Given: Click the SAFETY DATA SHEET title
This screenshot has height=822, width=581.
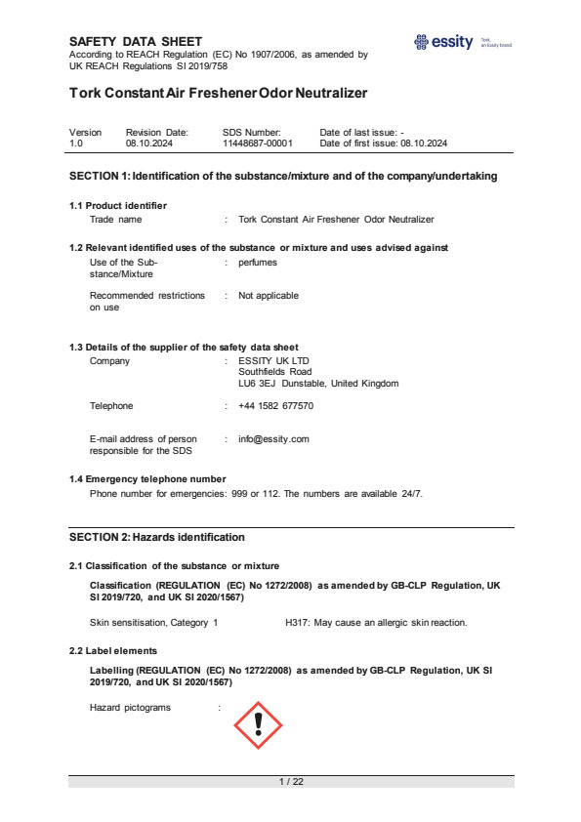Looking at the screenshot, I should tap(136, 41).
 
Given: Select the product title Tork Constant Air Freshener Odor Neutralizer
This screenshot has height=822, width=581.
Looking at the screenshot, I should tap(218, 94).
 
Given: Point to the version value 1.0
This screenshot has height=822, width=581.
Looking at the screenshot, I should tap(76, 143).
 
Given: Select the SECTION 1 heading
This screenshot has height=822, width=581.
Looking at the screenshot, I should tap(283, 176).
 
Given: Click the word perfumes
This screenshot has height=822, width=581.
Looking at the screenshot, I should tap(258, 263).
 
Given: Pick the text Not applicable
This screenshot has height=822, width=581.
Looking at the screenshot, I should tap(269, 295).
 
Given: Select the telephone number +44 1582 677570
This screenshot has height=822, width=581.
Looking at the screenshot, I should tap(275, 405).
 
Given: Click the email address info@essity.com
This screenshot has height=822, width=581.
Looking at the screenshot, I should tap(273, 438).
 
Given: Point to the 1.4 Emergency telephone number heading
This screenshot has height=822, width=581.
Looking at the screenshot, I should tap(147, 478).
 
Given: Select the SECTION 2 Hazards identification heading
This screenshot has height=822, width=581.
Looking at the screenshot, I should tap(156, 537).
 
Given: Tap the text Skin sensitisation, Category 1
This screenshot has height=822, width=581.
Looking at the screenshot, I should tap(153, 622).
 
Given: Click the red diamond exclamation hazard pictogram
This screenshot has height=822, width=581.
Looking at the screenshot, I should tap(258, 723).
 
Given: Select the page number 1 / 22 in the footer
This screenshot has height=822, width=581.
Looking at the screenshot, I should tap(291, 782).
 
